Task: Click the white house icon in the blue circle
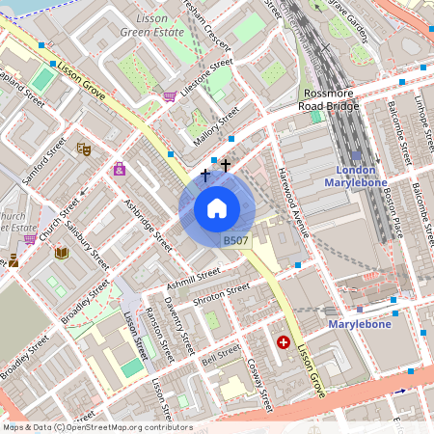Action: point(217,208)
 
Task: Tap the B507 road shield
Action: point(235,241)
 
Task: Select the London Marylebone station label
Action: point(355,176)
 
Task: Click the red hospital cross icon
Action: point(284,341)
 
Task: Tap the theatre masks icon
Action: point(84,149)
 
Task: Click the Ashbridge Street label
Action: point(149,225)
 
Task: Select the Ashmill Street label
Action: point(193,278)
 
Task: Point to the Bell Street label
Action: point(222,356)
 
